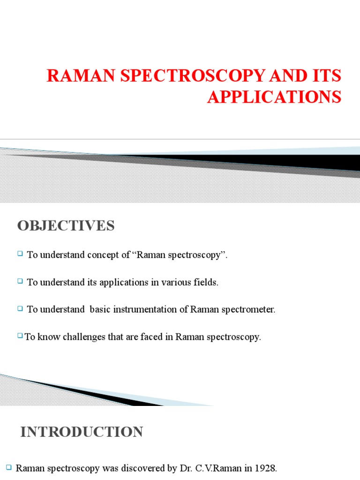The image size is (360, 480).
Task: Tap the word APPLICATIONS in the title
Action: click(x=274, y=97)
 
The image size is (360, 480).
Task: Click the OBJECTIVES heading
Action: click(x=66, y=226)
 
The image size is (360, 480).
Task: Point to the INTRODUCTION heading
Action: click(x=82, y=432)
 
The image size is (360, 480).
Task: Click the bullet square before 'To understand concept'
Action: click(x=20, y=254)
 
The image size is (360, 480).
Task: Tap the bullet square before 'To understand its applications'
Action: click(x=20, y=281)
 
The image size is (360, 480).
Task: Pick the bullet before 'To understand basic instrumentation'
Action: click(x=20, y=308)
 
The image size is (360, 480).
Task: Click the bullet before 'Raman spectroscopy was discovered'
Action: click(x=9, y=467)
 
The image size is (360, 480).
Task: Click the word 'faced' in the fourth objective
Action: click(x=154, y=337)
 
